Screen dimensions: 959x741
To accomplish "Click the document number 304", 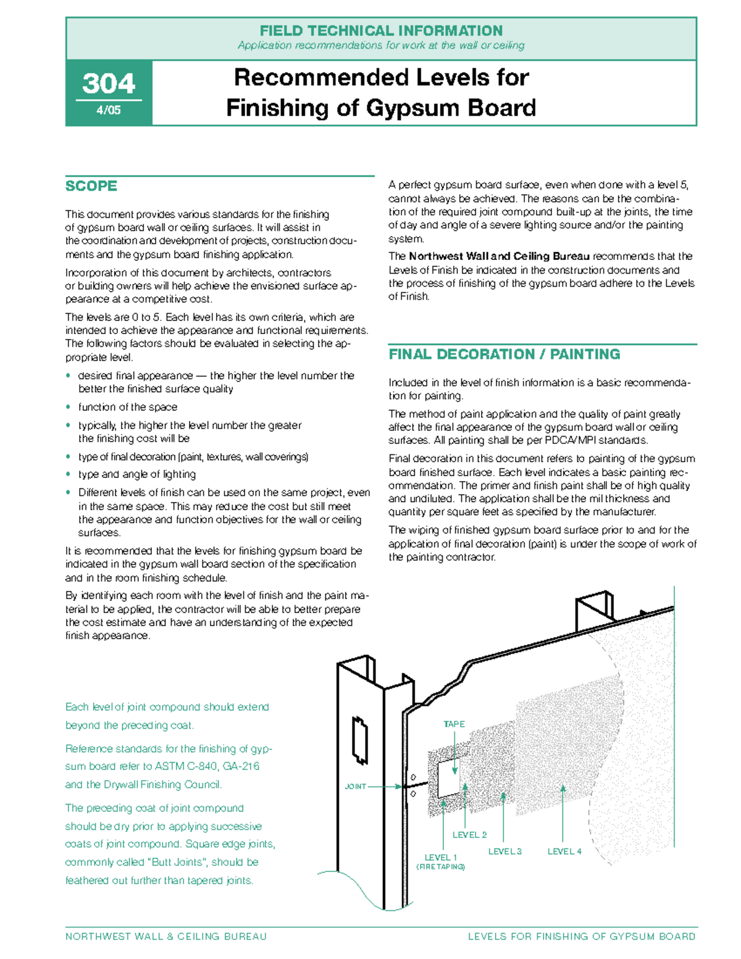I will coord(109,83).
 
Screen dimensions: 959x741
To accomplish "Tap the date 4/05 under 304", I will coord(109,111).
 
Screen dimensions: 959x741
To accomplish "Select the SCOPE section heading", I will coord(91,186).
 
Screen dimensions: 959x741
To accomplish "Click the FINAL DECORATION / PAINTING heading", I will coord(504,354).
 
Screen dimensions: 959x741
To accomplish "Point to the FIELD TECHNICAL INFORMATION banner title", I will coord(381,30).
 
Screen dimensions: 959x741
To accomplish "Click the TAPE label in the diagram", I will coord(454,724).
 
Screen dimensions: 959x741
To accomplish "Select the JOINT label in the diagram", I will coord(355,786).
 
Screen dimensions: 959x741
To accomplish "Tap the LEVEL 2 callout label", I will coord(469,835).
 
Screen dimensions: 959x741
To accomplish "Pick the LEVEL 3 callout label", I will coord(504,852).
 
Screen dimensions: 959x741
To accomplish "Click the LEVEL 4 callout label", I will coord(564,852).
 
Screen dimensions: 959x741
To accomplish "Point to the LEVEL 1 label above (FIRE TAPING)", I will coord(440,857).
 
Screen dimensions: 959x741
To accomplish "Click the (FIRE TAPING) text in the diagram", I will coord(440,867).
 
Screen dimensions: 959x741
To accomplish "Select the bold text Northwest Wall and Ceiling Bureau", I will coord(499,256).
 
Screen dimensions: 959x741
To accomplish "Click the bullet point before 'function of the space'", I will coord(69,408).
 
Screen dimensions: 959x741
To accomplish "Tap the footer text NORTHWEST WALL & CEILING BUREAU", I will coord(166,937).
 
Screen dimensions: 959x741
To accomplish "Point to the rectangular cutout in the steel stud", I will coord(359,740).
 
